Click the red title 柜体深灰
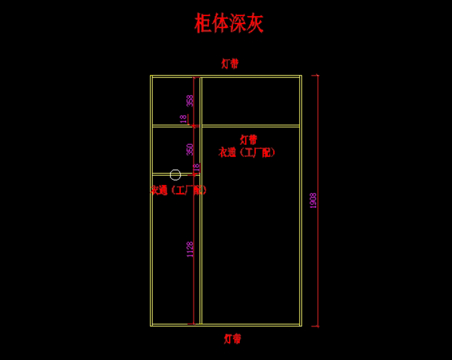coord(229,23)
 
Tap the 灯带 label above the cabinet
coord(230,64)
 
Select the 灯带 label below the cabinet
coord(232,339)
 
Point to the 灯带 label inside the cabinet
coord(248,139)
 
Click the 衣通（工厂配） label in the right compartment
coord(247,152)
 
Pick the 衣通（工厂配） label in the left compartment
coord(179,190)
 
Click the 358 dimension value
coord(190,101)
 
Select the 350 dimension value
coord(190,149)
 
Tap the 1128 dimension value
coord(190,249)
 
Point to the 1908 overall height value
coord(313,201)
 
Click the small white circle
coord(175,175)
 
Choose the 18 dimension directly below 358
coord(183,119)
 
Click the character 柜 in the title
coord(203,23)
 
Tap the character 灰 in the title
coord(255,23)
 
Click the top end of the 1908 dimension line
coord(318,75)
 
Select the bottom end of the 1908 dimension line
coord(318,326)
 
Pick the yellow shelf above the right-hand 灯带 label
coord(250,126)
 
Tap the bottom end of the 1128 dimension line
coord(194,323)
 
